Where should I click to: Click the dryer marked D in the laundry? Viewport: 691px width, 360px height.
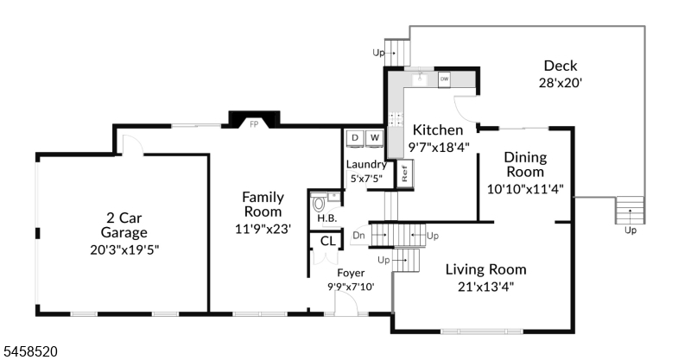click(x=355, y=138)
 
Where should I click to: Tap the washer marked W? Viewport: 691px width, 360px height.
click(x=375, y=138)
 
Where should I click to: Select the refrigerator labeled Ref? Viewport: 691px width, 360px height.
click(x=404, y=174)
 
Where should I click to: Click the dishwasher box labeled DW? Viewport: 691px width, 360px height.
click(x=444, y=79)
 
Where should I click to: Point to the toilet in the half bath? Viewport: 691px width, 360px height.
click(x=319, y=204)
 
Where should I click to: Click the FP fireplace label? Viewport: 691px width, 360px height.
click(x=254, y=124)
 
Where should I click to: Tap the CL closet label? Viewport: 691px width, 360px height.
click(x=328, y=242)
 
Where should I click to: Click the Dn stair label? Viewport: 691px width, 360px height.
click(x=359, y=236)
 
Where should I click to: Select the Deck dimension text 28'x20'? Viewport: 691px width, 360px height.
click(x=561, y=83)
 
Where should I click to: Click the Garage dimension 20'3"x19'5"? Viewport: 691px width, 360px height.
click(x=124, y=249)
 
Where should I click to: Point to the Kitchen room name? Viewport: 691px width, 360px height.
click(x=438, y=130)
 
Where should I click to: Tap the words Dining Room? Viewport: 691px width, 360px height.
click(x=525, y=164)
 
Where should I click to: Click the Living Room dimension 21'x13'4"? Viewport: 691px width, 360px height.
click(x=485, y=287)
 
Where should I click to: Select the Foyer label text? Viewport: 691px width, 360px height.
click(x=351, y=273)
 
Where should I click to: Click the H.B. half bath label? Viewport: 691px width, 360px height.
click(x=327, y=218)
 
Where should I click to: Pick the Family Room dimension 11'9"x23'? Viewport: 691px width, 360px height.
click(x=263, y=229)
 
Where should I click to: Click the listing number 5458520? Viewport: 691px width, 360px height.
click(x=30, y=351)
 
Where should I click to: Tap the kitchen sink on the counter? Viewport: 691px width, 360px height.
click(x=420, y=79)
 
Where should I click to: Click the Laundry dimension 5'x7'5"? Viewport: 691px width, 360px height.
click(x=366, y=179)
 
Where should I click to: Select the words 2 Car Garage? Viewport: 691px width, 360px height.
click(x=124, y=225)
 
